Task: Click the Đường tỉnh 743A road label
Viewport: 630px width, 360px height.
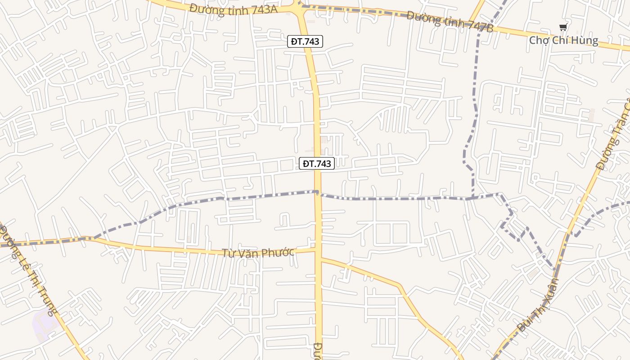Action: [233, 9]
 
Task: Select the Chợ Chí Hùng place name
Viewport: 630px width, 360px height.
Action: [563, 40]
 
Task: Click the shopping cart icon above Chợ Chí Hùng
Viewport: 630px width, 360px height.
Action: [563, 27]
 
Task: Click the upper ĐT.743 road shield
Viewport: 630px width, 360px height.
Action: [305, 41]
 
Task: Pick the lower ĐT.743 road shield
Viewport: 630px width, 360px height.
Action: [317, 163]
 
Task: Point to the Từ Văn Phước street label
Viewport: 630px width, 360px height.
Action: [258, 252]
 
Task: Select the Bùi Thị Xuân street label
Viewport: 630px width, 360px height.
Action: [538, 306]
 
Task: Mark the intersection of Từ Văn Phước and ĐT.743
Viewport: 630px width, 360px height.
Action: [318, 248]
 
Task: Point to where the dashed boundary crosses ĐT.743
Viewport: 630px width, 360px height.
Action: [317, 193]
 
